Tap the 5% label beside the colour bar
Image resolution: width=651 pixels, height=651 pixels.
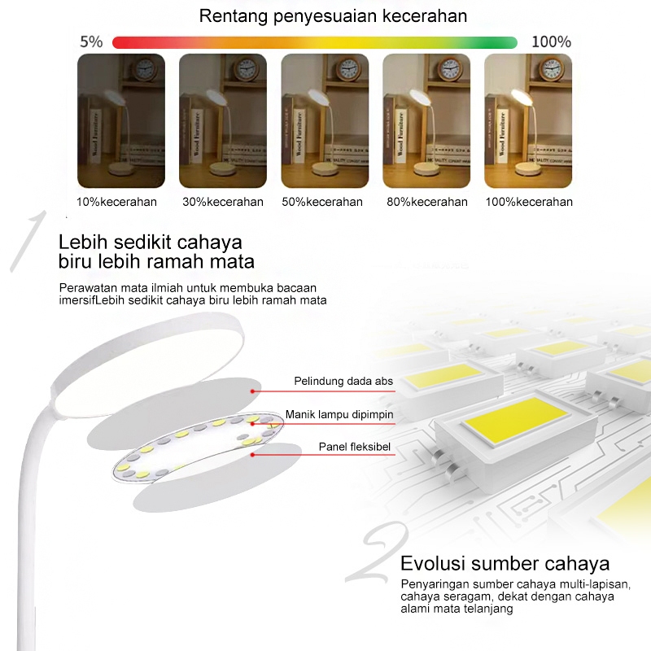90,42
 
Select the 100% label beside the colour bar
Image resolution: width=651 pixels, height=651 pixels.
551,42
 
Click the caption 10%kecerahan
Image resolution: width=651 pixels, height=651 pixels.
117,202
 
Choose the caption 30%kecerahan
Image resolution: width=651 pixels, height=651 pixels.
223,202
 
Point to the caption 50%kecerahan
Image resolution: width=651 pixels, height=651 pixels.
322,202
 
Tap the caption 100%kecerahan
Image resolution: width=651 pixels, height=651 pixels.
529,202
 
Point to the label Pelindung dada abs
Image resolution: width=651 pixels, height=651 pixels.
343,381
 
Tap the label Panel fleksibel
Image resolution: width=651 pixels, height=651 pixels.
355,447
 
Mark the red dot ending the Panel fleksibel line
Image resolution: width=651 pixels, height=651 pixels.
253,455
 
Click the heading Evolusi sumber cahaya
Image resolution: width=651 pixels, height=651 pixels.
505,564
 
